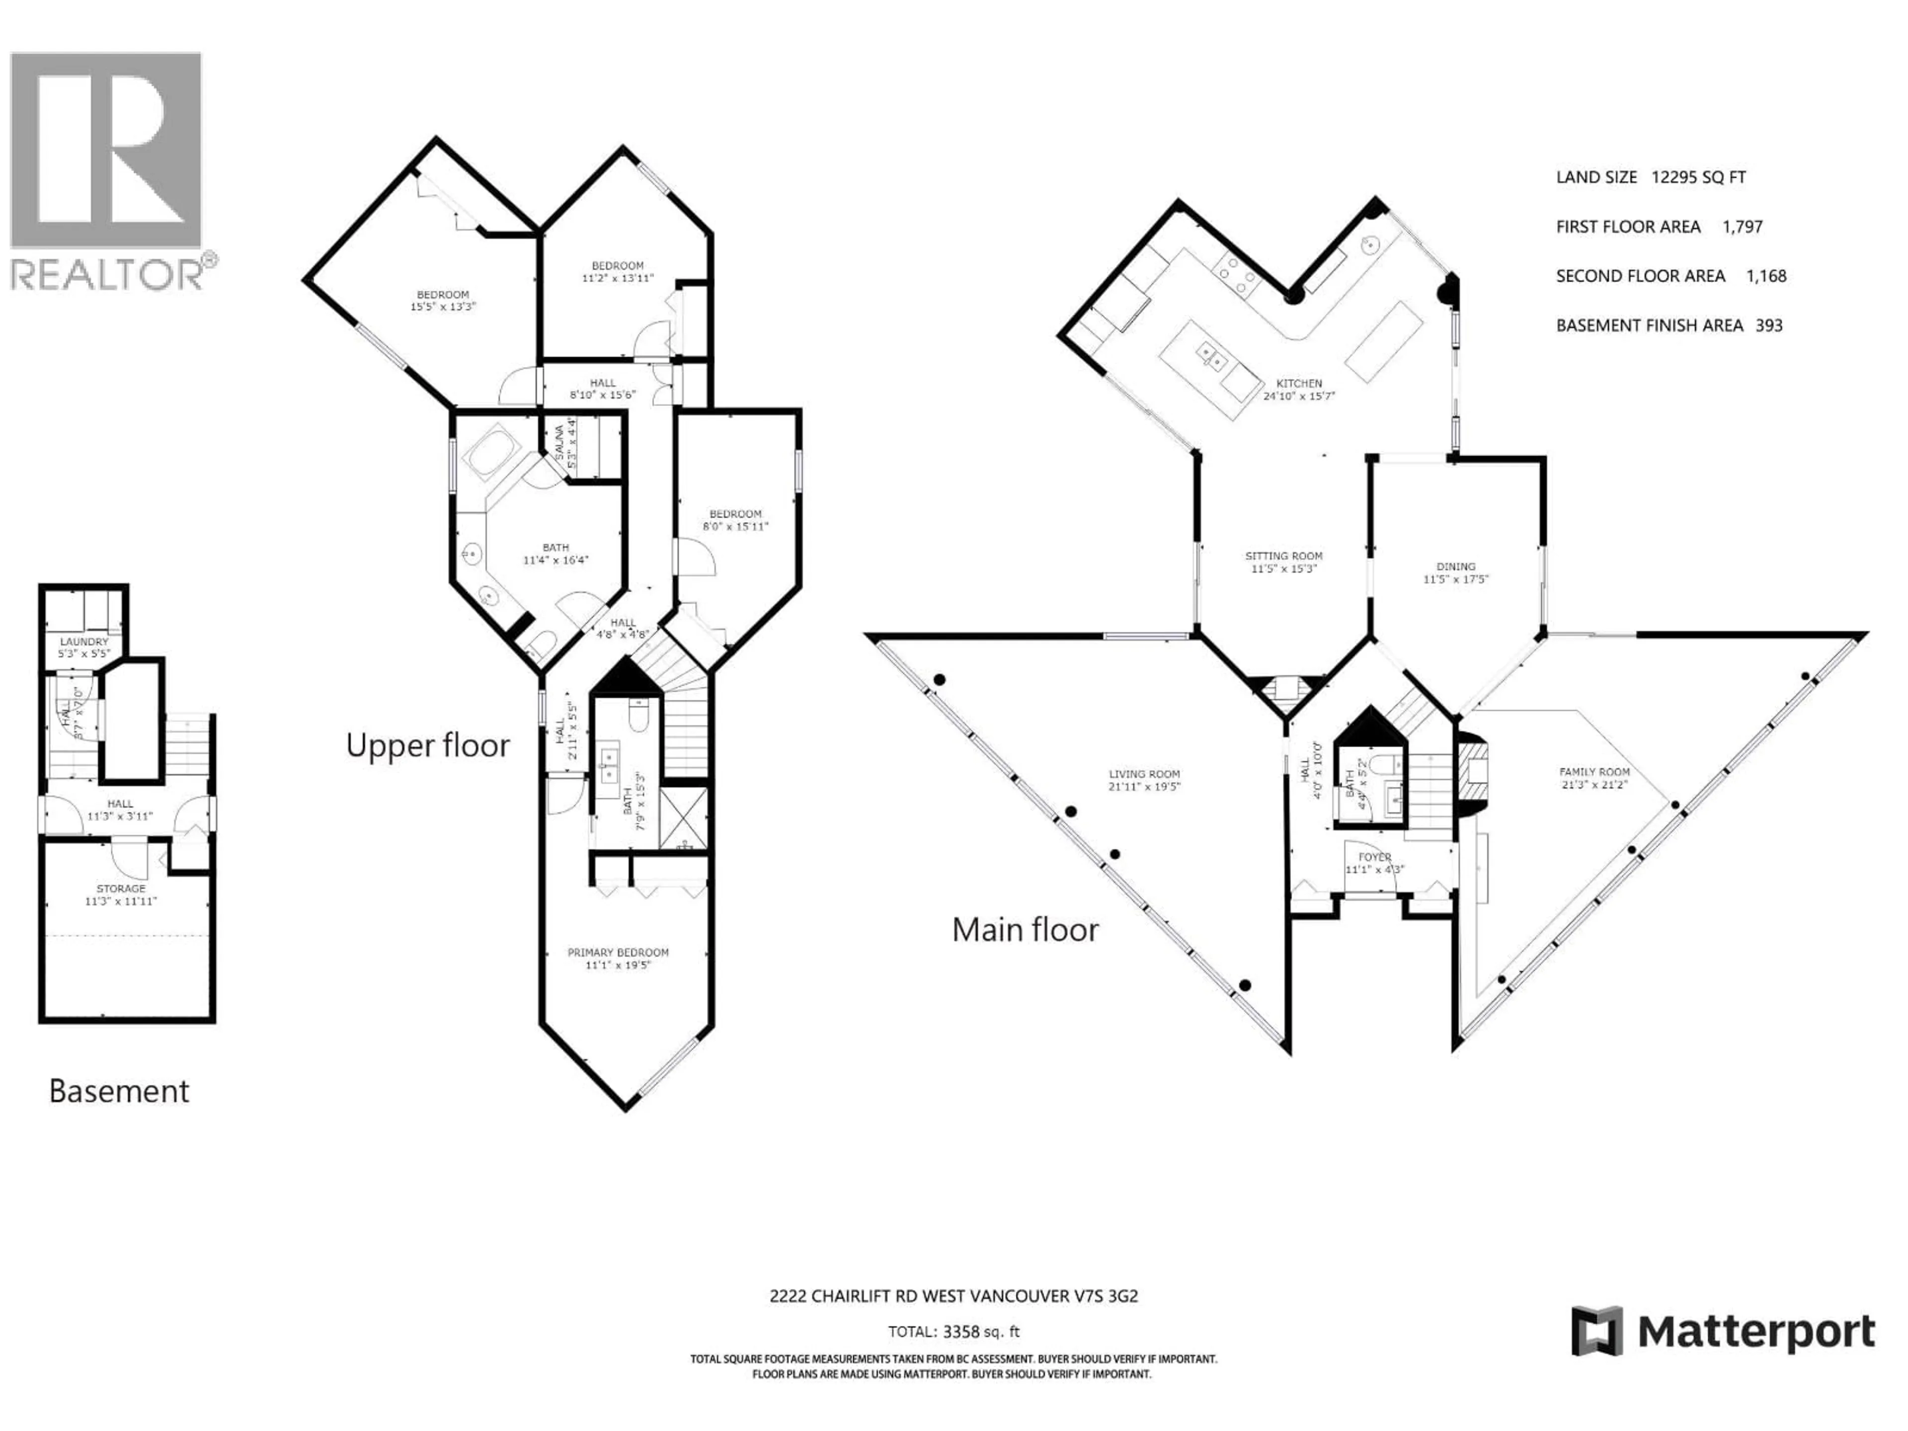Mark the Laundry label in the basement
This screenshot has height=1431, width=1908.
(83, 642)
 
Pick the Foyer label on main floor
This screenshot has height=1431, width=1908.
(1375, 858)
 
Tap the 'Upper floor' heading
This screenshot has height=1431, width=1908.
(428, 745)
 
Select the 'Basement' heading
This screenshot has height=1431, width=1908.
(119, 1091)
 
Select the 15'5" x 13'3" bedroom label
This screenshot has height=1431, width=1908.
(443, 300)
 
